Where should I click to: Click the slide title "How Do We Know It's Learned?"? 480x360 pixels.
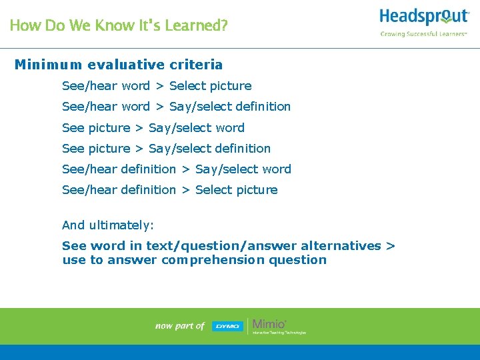point(119,26)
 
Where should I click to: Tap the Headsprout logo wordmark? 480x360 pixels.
point(424,16)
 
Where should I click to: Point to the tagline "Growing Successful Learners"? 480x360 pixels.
point(423,34)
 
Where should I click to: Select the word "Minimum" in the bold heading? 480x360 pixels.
point(48,65)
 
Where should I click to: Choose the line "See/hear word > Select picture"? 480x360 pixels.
point(157,86)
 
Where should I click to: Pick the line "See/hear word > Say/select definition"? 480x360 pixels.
point(176,107)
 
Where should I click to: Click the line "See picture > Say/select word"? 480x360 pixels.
point(153,127)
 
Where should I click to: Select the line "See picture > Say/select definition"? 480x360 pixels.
point(166,148)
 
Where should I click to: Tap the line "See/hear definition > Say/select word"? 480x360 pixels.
point(176,169)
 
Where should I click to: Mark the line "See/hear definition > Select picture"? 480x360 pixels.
point(169,190)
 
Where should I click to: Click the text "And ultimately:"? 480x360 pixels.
point(108,225)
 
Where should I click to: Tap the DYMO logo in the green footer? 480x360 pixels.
point(227,326)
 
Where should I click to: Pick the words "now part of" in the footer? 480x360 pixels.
point(179,326)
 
